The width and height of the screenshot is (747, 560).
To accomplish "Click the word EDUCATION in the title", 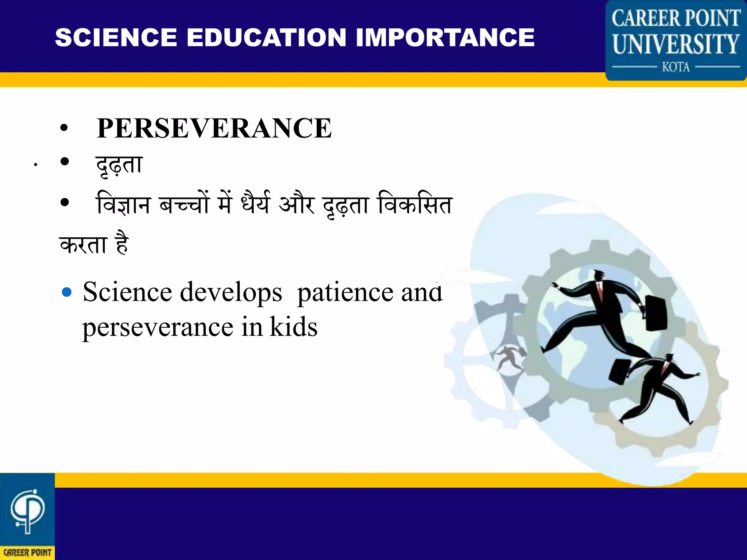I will pyautogui.click(x=266, y=38).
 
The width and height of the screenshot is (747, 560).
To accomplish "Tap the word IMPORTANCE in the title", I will pyautogui.click(x=445, y=38).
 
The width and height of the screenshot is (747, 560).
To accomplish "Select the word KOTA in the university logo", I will pyautogui.click(x=676, y=67).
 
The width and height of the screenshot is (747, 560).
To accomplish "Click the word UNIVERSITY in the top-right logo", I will pyautogui.click(x=676, y=44).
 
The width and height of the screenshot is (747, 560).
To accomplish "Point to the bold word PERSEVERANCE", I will pyautogui.click(x=214, y=128).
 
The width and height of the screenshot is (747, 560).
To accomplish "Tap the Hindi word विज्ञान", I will pyautogui.click(x=123, y=204).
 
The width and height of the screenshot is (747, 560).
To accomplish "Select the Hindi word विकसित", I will pyautogui.click(x=415, y=204).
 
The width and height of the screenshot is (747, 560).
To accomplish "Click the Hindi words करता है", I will pyautogui.click(x=94, y=244).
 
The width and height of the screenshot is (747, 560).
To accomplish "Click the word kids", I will pyautogui.click(x=294, y=327).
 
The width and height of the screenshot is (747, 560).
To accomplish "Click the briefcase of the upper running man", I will pyautogui.click(x=656, y=313).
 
